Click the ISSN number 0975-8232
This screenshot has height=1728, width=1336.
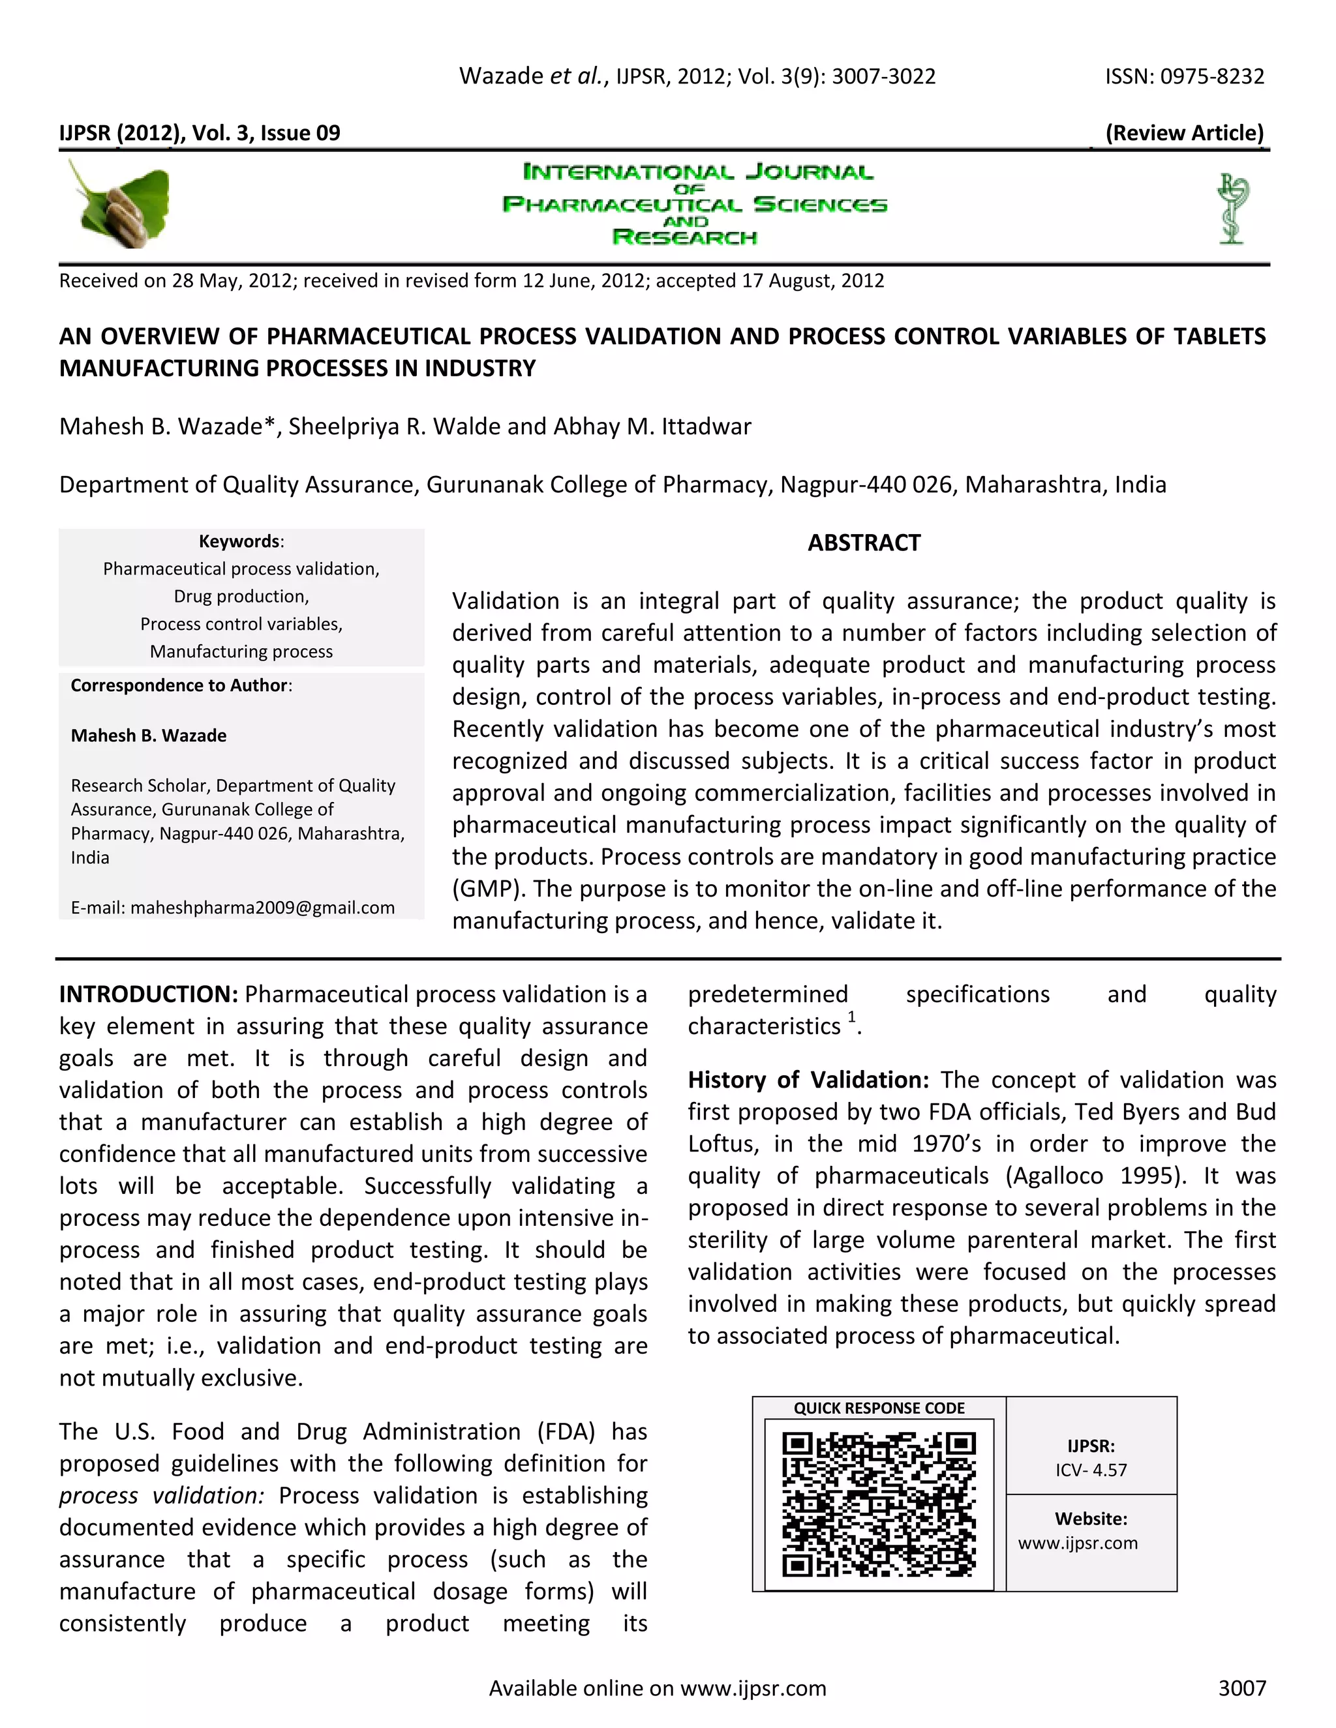(x=1212, y=77)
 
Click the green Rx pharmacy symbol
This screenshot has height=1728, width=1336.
(x=1231, y=207)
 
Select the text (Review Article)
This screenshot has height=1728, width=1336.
(x=1184, y=133)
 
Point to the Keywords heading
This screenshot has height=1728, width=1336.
(x=240, y=541)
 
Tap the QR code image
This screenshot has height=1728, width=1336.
(x=879, y=1504)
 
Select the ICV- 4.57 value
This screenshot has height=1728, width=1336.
(x=1091, y=1470)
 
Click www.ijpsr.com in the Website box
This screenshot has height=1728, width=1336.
(x=1077, y=1543)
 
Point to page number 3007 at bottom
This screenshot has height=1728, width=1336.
(x=1242, y=1688)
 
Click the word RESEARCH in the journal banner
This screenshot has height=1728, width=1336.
(x=684, y=237)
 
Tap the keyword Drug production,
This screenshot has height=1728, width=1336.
(x=241, y=597)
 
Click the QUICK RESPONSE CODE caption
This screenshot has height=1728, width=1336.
(x=879, y=1408)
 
